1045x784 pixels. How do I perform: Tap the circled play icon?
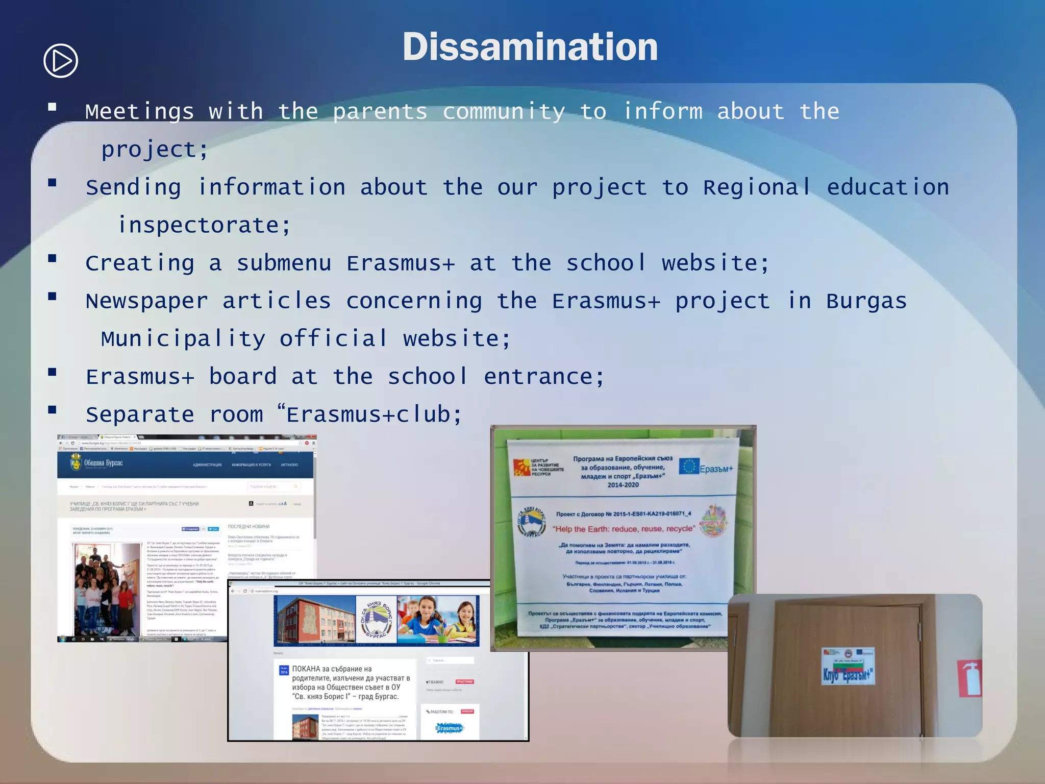coord(61,61)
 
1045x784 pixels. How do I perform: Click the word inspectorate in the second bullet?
coord(204,225)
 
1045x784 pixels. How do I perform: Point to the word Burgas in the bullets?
coord(866,301)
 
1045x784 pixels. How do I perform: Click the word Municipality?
coord(183,339)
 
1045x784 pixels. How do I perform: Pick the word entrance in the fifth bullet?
coord(544,377)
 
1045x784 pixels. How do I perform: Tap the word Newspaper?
coord(147,301)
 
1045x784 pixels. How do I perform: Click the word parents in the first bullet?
coord(380,112)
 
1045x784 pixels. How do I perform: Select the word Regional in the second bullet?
coord(757,187)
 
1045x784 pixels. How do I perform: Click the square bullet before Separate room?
coord(52,409)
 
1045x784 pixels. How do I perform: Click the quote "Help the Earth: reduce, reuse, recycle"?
coord(624,529)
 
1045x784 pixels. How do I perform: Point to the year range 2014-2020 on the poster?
coord(623,485)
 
